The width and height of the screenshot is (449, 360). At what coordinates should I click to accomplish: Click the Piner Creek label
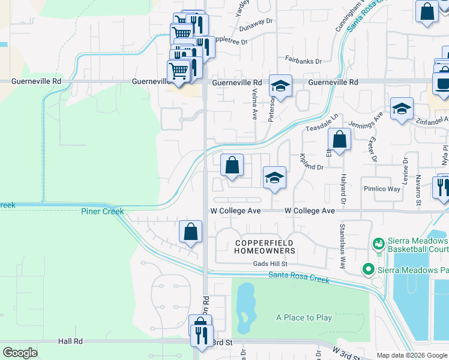[103, 211]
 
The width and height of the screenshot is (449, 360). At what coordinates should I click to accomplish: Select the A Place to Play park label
[304, 317]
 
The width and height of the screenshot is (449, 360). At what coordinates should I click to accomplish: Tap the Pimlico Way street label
[382, 188]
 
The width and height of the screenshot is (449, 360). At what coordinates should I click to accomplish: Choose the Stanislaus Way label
[342, 240]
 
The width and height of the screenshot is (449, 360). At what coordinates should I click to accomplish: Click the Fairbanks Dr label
[303, 61]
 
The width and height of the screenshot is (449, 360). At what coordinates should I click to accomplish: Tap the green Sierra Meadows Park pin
[369, 270]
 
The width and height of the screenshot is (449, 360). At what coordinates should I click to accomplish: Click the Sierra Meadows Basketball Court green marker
[379, 244]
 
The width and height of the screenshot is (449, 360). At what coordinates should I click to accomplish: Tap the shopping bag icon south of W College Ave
[190, 231]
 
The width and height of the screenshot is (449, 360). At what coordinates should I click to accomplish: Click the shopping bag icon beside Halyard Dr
[339, 140]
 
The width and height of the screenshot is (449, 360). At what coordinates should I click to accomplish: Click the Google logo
[20, 353]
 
